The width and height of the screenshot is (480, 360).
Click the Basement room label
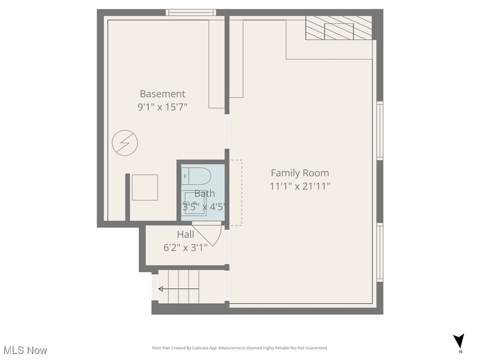coord(162,94)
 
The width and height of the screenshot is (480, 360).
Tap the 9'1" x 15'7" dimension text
coord(162,107)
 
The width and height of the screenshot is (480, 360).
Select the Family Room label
coord(300,173)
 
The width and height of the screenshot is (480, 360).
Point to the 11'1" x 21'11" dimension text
coord(300,186)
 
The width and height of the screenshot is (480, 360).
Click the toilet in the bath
coord(196,176)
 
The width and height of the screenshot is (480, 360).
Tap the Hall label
coord(185,234)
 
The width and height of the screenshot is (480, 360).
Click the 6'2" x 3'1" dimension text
coord(185,247)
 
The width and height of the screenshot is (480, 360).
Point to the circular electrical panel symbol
coord(125,142)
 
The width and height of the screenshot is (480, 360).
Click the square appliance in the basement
coord(144,187)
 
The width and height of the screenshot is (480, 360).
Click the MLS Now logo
coord(25,350)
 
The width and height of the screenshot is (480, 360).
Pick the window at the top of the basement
coord(192,13)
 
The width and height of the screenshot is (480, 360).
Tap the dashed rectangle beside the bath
coord(236,193)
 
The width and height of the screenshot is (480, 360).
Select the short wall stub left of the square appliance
coord(127,197)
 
